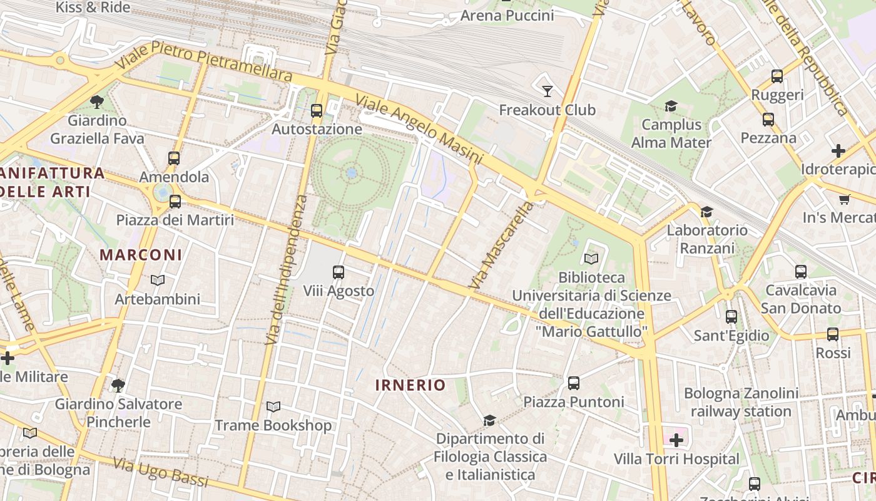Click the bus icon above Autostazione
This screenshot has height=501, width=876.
tap(317, 111)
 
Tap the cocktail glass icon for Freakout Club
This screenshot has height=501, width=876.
tap(547, 91)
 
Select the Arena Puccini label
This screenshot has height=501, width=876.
tap(507, 15)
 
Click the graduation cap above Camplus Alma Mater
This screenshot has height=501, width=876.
tap(671, 106)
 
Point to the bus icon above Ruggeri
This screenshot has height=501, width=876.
tap(777, 76)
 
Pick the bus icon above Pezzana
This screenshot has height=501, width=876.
tap(768, 119)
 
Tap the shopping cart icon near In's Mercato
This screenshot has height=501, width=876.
tap(845, 199)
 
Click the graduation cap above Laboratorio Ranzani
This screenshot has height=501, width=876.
tap(707, 212)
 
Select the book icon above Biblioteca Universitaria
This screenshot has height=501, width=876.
tap(591, 258)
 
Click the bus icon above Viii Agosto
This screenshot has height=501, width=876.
tap(339, 272)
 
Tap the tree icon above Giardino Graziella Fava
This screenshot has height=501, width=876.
tap(96, 101)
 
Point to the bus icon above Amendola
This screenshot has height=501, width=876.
tap(174, 158)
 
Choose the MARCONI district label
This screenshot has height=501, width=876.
tap(141, 255)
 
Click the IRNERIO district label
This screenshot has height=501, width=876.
tap(410, 385)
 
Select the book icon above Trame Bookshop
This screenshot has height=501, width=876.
tap(273, 407)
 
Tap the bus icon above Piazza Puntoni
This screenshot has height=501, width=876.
tap(574, 383)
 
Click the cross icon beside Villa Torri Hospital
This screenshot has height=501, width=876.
tap(676, 440)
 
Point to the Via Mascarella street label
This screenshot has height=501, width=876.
tap(500, 245)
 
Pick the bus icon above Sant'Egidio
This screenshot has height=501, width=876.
tap(731, 317)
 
